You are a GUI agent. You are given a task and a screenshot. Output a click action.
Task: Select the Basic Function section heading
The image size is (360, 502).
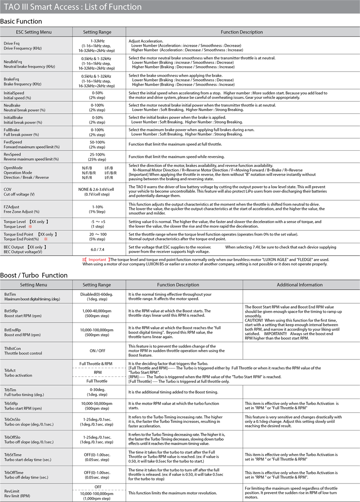click(x=21, y=21)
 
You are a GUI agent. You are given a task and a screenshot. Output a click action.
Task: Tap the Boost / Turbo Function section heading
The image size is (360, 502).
click(x=34, y=275)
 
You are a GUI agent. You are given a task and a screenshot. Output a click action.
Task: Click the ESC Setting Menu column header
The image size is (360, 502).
click(x=34, y=32)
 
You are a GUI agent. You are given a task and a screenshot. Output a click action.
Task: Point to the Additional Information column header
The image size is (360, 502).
click(x=300, y=285)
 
